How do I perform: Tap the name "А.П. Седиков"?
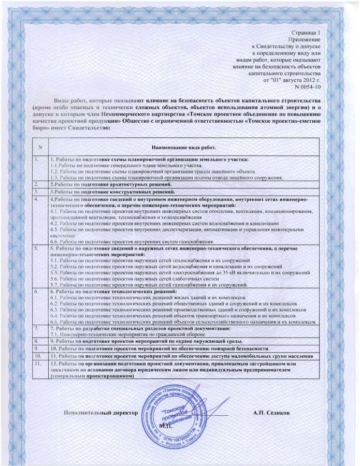tap(271, 413)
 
